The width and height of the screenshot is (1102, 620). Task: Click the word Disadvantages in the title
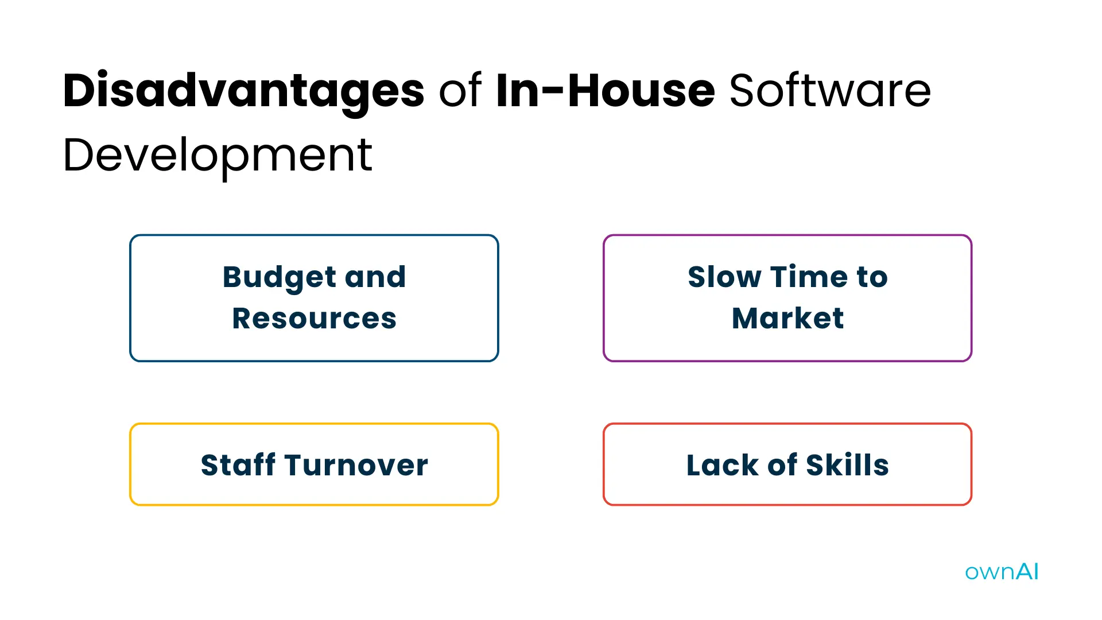[x=243, y=91]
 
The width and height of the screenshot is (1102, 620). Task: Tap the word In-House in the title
[x=605, y=91]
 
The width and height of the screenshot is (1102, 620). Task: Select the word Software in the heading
[x=830, y=91]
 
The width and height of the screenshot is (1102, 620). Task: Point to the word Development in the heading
[x=218, y=155]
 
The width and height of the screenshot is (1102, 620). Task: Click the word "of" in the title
[x=460, y=91]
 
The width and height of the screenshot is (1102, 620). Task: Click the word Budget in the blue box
[x=280, y=277]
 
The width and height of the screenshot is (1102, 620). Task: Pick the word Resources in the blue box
[x=314, y=319]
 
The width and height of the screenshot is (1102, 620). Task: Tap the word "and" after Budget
[x=375, y=277]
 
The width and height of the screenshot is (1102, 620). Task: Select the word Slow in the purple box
[x=724, y=277]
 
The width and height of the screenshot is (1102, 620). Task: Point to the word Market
[x=787, y=319]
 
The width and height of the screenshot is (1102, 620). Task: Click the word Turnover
[x=356, y=465]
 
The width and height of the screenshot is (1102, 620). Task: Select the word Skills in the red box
[x=847, y=465]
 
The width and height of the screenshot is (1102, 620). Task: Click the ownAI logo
[x=1002, y=572]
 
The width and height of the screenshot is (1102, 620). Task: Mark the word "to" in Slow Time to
[x=872, y=277]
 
